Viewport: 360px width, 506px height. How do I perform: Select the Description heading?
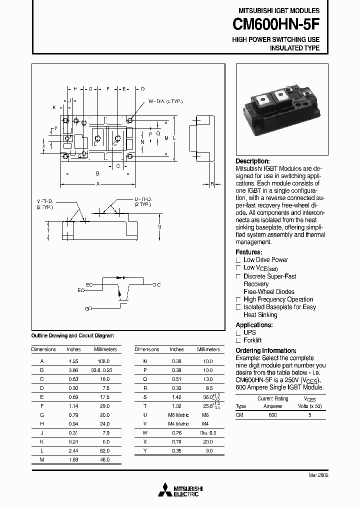[x=252, y=161]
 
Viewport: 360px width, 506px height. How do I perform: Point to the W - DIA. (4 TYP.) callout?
[x=165, y=101]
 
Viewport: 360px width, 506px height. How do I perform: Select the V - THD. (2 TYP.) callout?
[x=45, y=203]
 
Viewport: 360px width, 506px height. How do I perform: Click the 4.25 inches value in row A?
[x=73, y=361]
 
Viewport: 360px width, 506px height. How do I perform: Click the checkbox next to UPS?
[x=238, y=332]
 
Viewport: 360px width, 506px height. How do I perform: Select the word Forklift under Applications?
[x=253, y=340]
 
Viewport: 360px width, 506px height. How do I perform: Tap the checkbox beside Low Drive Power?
[x=238, y=260]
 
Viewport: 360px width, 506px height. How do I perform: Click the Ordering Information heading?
[x=265, y=350]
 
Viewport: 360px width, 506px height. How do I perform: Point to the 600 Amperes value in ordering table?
[x=272, y=414]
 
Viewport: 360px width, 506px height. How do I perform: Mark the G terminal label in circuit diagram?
[x=87, y=309]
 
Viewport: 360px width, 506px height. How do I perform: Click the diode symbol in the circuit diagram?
[x=119, y=277]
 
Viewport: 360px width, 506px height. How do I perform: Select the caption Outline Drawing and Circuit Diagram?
[x=72, y=335]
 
